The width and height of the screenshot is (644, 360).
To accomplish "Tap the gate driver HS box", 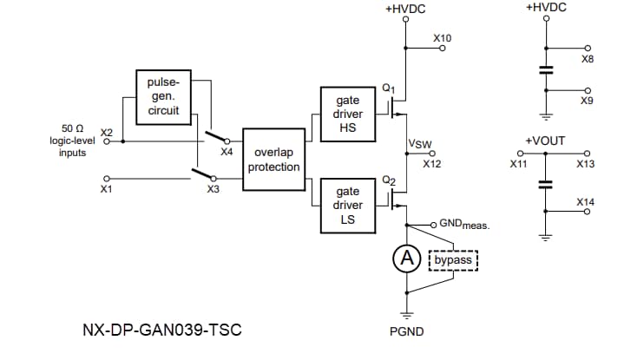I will point(347,115).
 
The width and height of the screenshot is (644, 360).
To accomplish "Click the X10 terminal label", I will point(443,38).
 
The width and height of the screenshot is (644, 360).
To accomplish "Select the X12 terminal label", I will point(432,162).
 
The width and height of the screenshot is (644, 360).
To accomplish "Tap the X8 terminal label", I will point(588,61).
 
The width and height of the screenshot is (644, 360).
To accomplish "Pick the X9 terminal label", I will point(588,101).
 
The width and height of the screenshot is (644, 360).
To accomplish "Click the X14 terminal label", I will point(587,202).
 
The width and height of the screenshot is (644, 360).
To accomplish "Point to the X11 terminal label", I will point(518,162).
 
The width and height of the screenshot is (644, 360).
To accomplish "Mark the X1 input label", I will point(107,188).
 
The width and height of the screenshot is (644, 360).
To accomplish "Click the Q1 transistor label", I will point(388,89).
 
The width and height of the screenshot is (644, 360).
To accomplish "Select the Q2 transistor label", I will point(388,180).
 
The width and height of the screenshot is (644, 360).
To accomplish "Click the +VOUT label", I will point(545,140).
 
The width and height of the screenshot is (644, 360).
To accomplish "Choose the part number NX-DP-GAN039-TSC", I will point(161,331).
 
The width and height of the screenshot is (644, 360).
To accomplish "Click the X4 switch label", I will point(227,152).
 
